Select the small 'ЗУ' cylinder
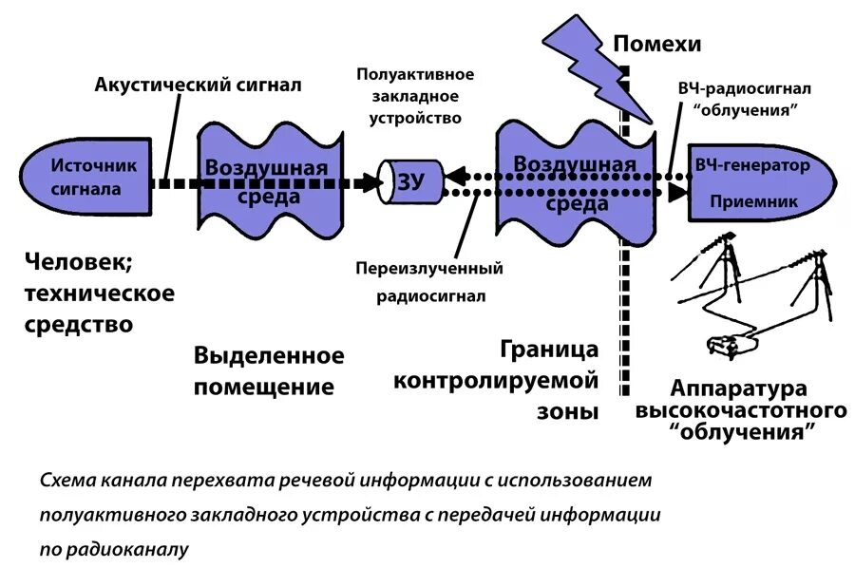click(409, 180)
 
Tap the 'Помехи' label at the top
click(656, 44)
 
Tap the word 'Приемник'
click(756, 201)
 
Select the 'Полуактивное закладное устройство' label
click(415, 96)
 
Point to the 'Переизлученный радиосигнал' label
click(429, 282)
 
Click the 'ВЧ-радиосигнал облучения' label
click(745, 99)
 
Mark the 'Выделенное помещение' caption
click(269, 371)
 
